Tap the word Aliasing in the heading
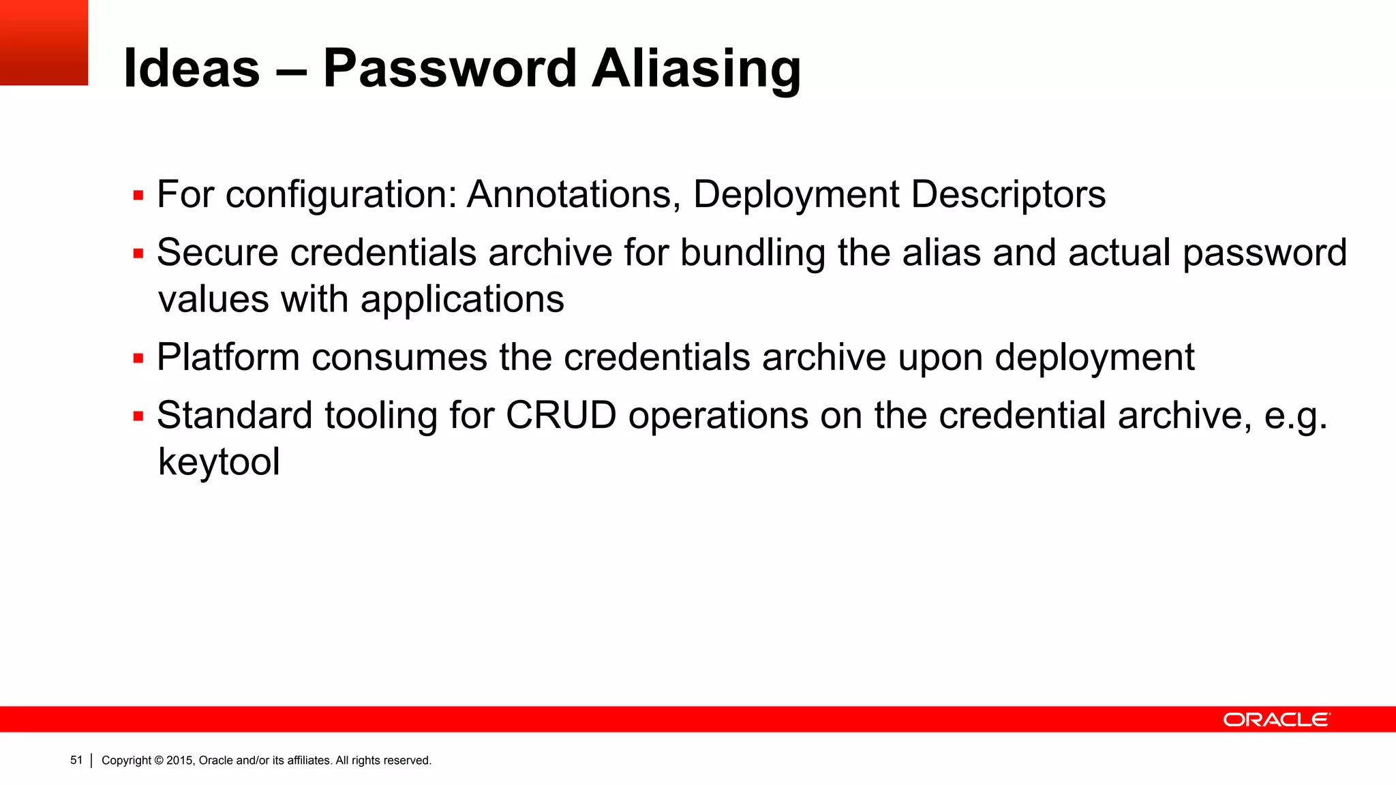pyautogui.click(x=696, y=70)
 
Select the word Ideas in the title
pyautogui.click(x=192, y=68)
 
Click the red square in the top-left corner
pyautogui.click(x=44, y=42)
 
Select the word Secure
pyautogui.click(x=217, y=253)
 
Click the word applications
pyautogui.click(x=462, y=300)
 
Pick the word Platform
pyautogui.click(x=228, y=357)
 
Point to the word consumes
pyautogui.click(x=399, y=357)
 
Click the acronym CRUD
pyautogui.click(x=560, y=415)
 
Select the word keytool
pyautogui.click(x=219, y=463)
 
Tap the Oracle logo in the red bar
pyautogui.click(x=1276, y=720)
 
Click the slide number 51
pyautogui.click(x=76, y=760)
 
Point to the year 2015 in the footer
pyautogui.click(x=180, y=760)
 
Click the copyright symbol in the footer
pyautogui.click(x=159, y=760)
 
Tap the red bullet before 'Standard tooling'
pyautogui.click(x=138, y=416)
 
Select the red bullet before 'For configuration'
pyautogui.click(x=138, y=196)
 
